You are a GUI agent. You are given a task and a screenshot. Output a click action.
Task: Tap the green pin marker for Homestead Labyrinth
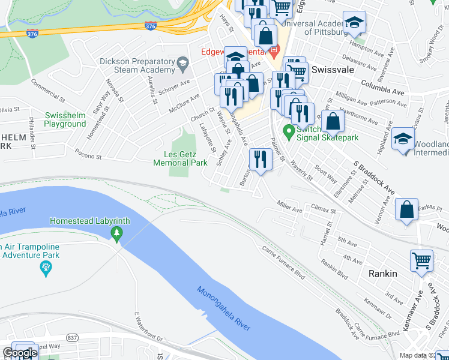click(117, 233)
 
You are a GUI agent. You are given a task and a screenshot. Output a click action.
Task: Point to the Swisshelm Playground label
click(65, 119)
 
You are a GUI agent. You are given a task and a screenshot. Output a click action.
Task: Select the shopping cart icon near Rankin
click(421, 261)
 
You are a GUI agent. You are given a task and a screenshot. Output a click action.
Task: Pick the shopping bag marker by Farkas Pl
click(407, 210)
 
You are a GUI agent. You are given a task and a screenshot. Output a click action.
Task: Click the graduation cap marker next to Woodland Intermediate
click(402, 139)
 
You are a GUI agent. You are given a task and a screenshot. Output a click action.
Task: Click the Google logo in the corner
click(19, 353)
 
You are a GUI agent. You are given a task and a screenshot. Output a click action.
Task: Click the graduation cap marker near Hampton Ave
click(354, 23)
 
